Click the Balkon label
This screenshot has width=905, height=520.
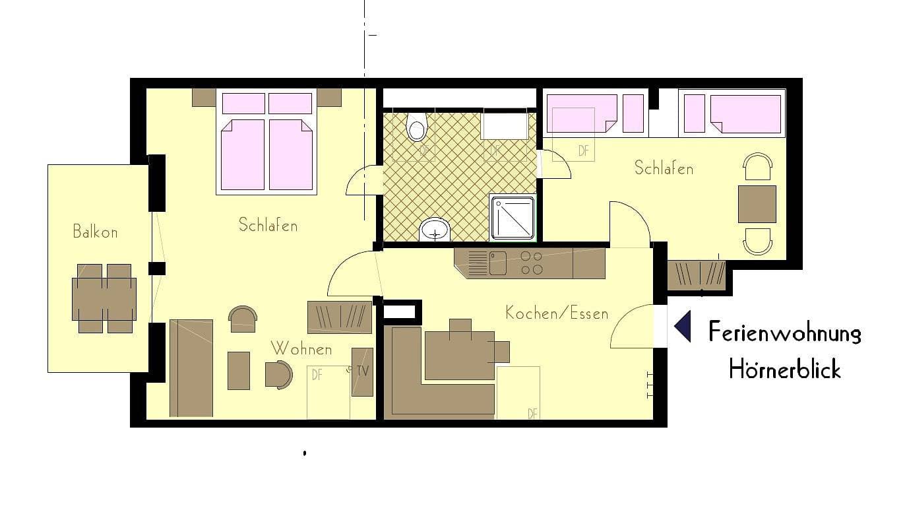[96, 232]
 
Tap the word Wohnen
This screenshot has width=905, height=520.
[301, 348]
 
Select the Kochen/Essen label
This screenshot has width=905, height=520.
[557, 313]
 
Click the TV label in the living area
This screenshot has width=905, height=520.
[362, 371]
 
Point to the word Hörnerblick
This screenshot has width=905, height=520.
[784, 370]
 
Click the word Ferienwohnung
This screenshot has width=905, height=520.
[784, 333]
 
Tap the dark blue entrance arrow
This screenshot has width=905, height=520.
[683, 326]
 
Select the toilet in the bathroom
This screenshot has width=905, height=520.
[417, 127]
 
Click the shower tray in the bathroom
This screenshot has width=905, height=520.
[513, 218]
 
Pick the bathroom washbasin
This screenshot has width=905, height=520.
[435, 230]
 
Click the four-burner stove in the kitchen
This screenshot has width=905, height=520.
[531, 263]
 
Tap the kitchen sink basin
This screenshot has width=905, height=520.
[498, 263]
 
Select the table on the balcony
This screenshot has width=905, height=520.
[104, 298]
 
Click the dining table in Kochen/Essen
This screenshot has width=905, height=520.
[460, 356]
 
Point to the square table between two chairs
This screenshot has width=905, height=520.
[757, 204]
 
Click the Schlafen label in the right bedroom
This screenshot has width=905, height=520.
[664, 168]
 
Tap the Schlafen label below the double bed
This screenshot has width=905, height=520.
[268, 225]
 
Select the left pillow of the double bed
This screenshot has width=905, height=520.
[243, 104]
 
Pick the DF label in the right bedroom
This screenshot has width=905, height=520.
[583, 150]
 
